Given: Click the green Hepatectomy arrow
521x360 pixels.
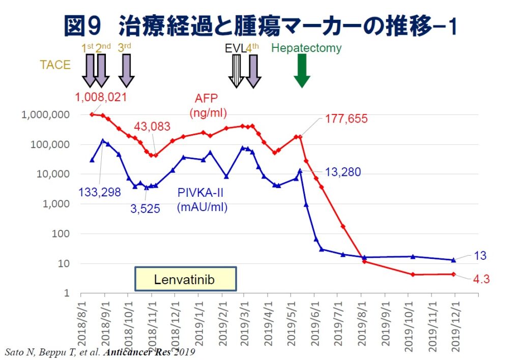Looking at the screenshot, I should [302, 70].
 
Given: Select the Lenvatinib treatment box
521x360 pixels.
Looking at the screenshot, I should [185, 279].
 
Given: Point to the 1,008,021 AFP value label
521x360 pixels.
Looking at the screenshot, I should [101, 97].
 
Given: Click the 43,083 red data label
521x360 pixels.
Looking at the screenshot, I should [153, 127].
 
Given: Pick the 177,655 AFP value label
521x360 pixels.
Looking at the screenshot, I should [346, 119].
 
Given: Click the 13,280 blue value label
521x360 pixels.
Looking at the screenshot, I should [342, 172].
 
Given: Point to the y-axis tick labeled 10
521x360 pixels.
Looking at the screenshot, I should [64, 264].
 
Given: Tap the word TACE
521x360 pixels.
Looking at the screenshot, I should [55, 65].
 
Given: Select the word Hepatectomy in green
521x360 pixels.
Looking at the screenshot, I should [306, 48].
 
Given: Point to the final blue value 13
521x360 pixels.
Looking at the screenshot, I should [480, 256].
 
